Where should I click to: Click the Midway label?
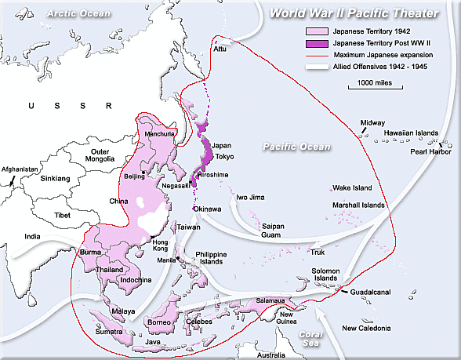point(372,123)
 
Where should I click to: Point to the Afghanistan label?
point(20,169)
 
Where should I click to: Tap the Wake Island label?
point(351,188)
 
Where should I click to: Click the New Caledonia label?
point(366,328)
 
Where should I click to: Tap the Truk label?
point(318,252)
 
